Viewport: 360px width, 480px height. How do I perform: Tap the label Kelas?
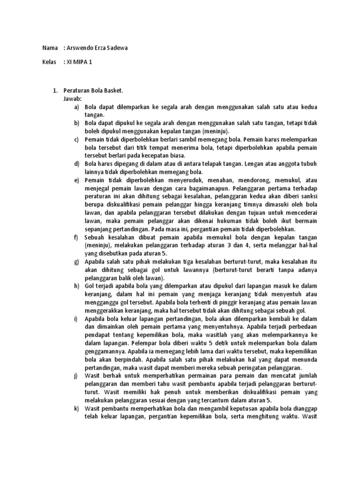(50, 61)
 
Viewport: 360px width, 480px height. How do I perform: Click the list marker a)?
(76, 107)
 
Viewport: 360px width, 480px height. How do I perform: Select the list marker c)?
(76, 140)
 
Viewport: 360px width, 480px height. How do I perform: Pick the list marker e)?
(76, 180)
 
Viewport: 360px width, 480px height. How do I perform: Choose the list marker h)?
(76, 286)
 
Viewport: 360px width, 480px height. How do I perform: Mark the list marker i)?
(76, 319)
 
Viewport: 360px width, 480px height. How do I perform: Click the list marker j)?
(76, 376)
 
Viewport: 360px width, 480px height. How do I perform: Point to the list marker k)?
(76, 409)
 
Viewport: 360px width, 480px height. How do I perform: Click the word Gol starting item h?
(89, 286)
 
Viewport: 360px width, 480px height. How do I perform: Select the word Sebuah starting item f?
(95, 237)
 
